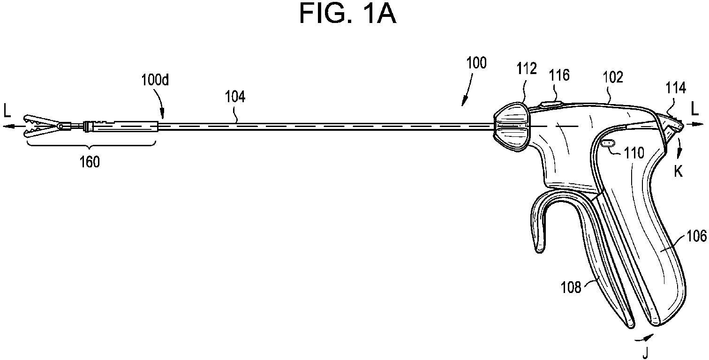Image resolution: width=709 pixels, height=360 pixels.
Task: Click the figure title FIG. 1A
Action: click(347, 14)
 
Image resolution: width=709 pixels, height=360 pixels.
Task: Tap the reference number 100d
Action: click(155, 80)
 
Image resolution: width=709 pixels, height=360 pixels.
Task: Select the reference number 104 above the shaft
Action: click(235, 97)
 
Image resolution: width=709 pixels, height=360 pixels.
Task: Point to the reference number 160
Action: click(90, 162)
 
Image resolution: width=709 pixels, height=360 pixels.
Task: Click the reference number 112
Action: click(527, 68)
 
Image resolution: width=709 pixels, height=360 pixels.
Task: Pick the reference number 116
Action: click(559, 75)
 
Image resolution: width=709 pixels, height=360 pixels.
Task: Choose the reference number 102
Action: click(613, 77)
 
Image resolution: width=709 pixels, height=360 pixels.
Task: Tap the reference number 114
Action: click(676, 88)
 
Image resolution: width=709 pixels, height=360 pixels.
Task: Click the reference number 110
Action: click(634, 153)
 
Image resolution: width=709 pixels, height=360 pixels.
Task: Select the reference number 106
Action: click(696, 236)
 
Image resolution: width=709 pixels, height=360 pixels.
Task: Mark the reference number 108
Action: click(571, 287)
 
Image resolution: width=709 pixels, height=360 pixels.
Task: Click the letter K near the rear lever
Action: click(679, 172)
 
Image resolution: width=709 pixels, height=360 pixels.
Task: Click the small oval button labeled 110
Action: click(607, 143)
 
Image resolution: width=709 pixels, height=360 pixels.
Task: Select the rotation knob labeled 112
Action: click(511, 127)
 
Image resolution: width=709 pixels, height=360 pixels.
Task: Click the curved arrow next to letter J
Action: click(644, 337)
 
